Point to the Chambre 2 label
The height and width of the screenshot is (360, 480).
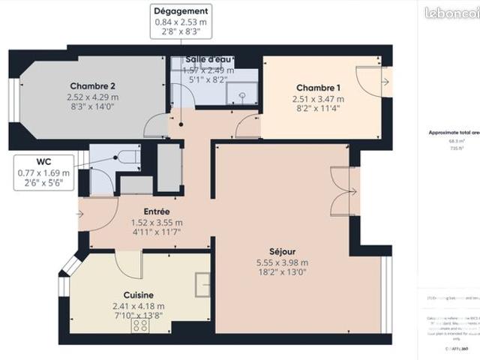94,85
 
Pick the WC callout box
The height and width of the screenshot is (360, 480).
43,172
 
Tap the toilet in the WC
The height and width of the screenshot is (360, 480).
127,157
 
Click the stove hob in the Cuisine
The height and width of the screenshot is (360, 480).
140,325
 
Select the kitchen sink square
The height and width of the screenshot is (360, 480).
202,283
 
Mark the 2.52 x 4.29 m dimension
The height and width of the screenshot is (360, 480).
94,97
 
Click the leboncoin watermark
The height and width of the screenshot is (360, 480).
451,12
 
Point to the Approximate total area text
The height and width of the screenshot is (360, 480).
452,131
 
